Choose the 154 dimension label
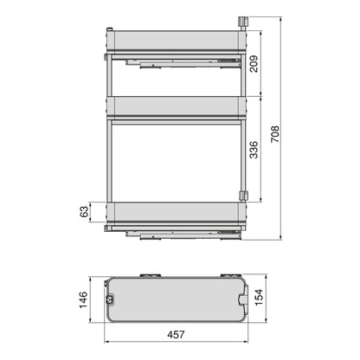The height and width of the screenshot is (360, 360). (x=258, y=298)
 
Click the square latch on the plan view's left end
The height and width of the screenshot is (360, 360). (x=110, y=299)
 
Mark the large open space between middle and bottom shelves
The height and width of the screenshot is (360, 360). (x=173, y=161)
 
